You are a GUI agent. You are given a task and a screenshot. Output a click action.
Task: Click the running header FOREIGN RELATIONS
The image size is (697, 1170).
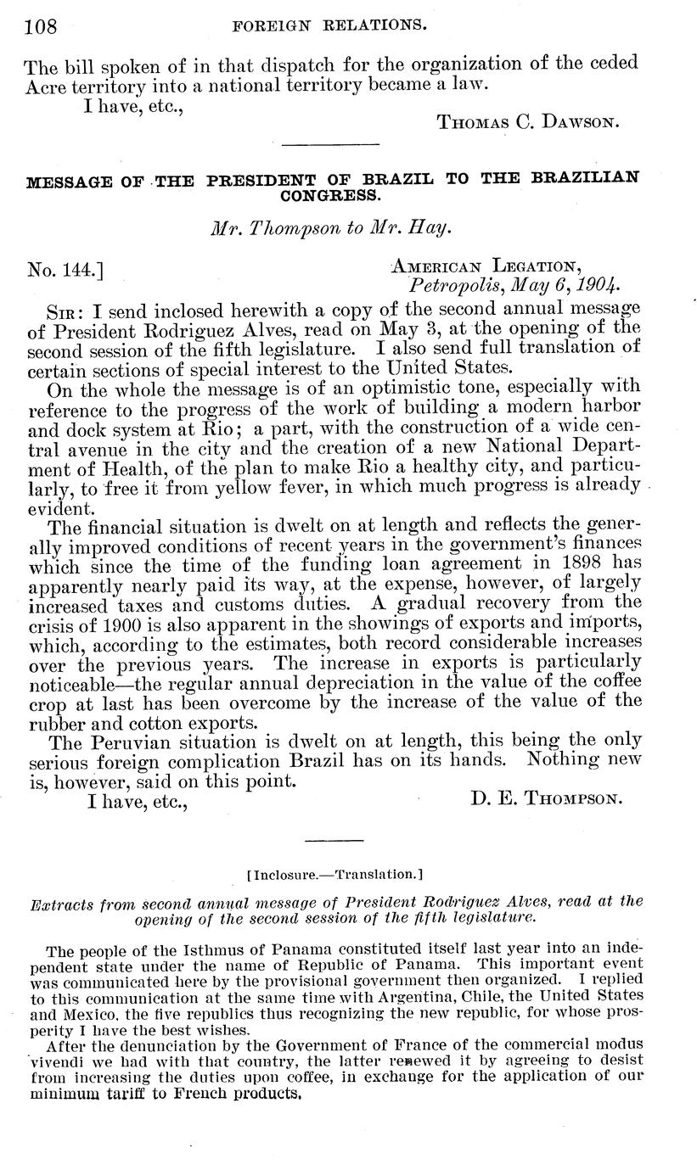pyautogui.click(x=329, y=25)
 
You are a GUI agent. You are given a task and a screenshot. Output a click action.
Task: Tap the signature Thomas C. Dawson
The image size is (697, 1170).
pyautogui.click(x=528, y=122)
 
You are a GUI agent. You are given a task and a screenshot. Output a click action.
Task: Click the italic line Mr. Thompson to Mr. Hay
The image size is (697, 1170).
pyautogui.click(x=329, y=228)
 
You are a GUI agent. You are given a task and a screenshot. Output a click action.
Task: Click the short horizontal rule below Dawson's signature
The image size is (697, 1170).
pyautogui.click(x=329, y=146)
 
